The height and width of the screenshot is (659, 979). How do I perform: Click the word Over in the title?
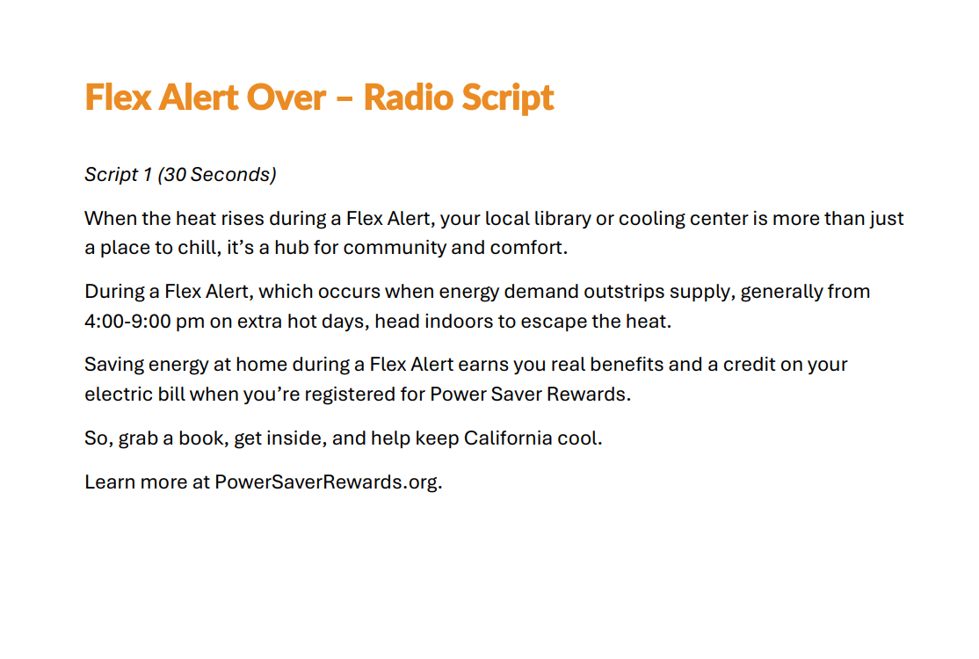(286, 98)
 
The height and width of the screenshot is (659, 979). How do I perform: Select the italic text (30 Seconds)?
(217, 175)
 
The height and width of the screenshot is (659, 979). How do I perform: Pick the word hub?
(292, 248)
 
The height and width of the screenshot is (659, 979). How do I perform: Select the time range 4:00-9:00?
(127, 322)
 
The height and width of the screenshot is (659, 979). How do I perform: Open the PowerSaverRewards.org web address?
(329, 482)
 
